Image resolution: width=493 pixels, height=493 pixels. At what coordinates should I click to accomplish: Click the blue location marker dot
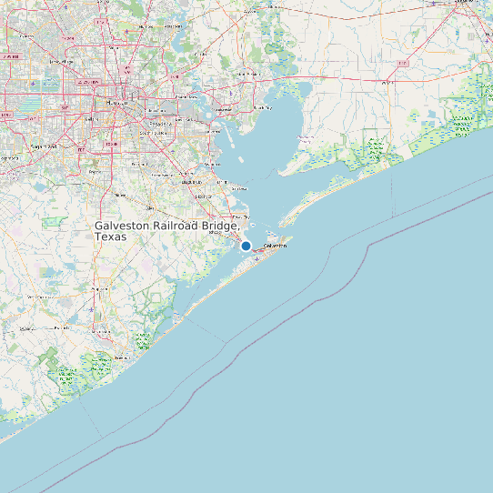(x=246, y=246)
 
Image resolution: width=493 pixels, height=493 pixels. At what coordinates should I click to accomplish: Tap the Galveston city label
(x=275, y=246)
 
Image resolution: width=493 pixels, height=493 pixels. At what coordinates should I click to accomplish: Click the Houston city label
(x=117, y=104)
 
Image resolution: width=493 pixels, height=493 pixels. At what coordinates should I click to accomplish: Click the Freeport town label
(x=117, y=358)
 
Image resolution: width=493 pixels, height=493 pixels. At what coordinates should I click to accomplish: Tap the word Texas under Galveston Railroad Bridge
(x=111, y=236)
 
